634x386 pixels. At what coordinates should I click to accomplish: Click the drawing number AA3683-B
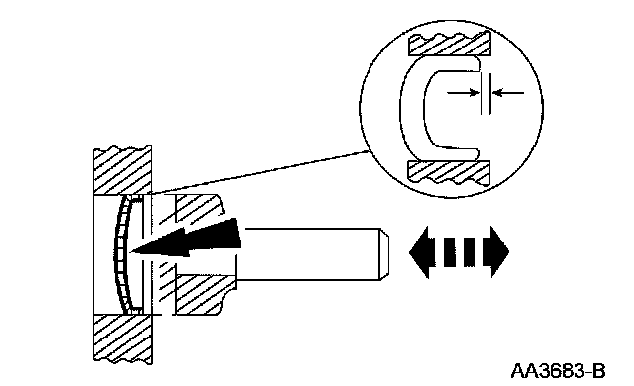point(558,370)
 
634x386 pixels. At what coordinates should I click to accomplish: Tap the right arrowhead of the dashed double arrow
point(499,252)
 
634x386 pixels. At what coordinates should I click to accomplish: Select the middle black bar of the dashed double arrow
point(470,252)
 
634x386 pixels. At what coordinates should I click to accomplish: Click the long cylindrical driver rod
point(311,253)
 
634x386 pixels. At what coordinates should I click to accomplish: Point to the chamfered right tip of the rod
point(384,253)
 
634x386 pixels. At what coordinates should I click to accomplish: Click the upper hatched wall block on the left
point(123,171)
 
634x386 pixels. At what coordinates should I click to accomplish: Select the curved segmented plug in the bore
point(121,254)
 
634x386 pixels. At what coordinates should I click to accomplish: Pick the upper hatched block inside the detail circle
point(450,44)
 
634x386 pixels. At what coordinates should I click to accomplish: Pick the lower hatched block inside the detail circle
point(450,173)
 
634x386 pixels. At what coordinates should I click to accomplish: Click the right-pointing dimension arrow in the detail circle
point(464,93)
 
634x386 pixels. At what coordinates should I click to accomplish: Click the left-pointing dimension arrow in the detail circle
point(508,93)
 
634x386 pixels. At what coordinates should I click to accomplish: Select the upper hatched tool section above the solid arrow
point(193,209)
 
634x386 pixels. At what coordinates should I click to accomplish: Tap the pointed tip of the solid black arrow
point(130,251)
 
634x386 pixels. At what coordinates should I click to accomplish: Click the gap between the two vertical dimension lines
point(486,94)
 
